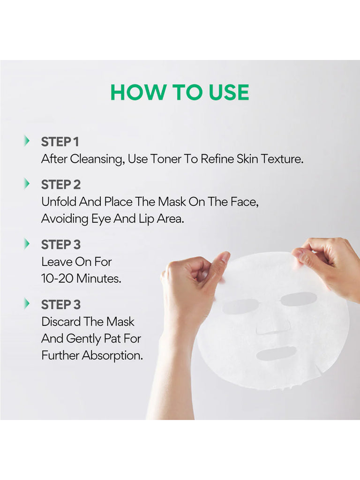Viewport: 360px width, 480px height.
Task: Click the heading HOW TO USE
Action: click(x=180, y=92)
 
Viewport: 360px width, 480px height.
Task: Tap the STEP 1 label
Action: click(x=60, y=142)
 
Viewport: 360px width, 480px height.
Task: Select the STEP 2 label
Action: click(x=61, y=185)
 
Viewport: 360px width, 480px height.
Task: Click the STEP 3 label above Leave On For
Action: click(x=61, y=245)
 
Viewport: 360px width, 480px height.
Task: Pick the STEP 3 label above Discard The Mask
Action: click(x=61, y=305)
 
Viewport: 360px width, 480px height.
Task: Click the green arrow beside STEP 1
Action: click(x=27, y=141)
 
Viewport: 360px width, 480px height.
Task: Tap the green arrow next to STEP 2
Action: click(x=27, y=184)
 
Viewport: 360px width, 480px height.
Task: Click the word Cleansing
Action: click(x=97, y=159)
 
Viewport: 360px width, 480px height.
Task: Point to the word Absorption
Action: click(x=112, y=356)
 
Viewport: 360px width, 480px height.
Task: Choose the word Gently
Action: click(x=92, y=338)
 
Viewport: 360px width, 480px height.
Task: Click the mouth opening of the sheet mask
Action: click(x=276, y=353)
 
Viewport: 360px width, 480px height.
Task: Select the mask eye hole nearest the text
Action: click(x=240, y=306)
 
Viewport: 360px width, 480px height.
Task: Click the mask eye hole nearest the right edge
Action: click(x=299, y=299)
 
